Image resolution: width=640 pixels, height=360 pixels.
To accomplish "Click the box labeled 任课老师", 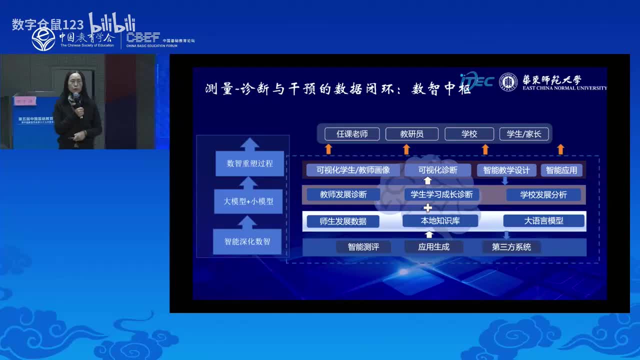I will [352, 134].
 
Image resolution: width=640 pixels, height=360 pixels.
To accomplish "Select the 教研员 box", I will [412, 134].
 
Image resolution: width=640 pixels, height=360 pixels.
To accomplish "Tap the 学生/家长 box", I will [524, 134].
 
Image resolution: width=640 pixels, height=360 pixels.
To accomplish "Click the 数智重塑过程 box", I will [249, 163].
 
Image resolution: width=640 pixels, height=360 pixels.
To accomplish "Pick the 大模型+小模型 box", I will [248, 201].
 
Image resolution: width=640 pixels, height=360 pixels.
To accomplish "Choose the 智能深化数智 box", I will [247, 241].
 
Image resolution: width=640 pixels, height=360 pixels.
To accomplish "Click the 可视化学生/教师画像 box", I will [353, 170].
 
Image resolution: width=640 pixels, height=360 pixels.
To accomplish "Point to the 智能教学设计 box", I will [506, 170].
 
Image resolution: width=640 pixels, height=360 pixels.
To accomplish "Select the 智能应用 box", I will [561, 170].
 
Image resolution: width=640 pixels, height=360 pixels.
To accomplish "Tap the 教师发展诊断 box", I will [343, 194].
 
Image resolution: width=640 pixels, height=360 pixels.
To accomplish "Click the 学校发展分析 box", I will [543, 194].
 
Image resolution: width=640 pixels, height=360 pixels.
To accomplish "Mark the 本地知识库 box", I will [439, 220].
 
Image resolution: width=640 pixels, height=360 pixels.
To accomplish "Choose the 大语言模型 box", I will [543, 220].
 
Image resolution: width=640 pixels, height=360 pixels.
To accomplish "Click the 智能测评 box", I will [363, 246].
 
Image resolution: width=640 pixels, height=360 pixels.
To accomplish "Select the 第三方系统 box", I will [511, 246].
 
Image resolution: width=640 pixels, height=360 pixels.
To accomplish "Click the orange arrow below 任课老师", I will [328, 148].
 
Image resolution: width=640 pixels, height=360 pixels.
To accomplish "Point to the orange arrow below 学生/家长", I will [560, 148].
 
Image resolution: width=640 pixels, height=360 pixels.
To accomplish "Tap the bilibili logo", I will [112, 22].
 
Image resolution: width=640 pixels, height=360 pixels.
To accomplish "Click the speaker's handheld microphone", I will [76, 98].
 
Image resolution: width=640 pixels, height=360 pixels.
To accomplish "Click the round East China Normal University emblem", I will [508, 82].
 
